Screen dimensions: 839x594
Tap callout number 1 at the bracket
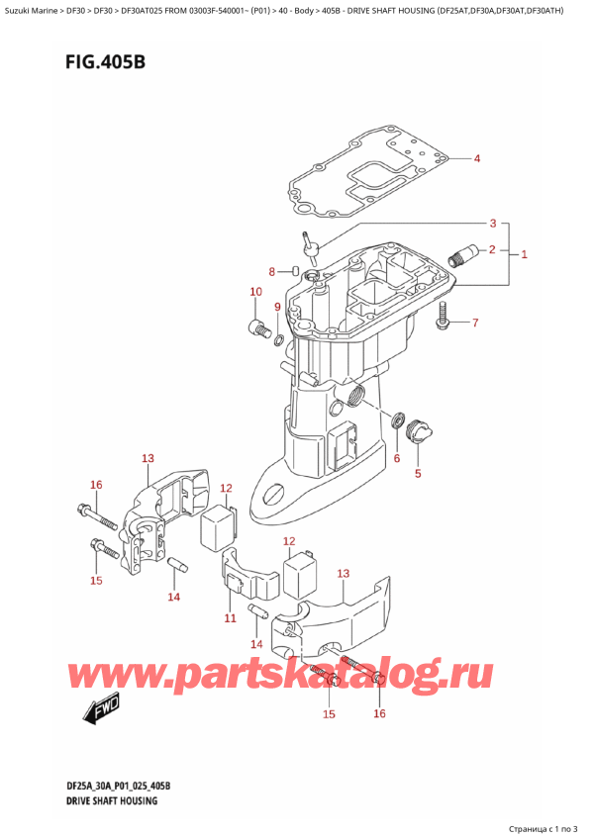[x=524, y=254]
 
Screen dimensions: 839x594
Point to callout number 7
[x=474, y=323]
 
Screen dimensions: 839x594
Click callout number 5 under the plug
[x=417, y=473]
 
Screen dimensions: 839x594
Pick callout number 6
[x=396, y=457]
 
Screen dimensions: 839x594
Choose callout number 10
[x=255, y=292]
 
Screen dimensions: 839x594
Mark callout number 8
[x=272, y=272]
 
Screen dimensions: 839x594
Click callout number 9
[x=278, y=308]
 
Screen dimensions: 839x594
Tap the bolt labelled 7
[x=443, y=317]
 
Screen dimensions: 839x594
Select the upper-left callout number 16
[x=96, y=485]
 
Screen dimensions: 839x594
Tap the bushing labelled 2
[x=457, y=259]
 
